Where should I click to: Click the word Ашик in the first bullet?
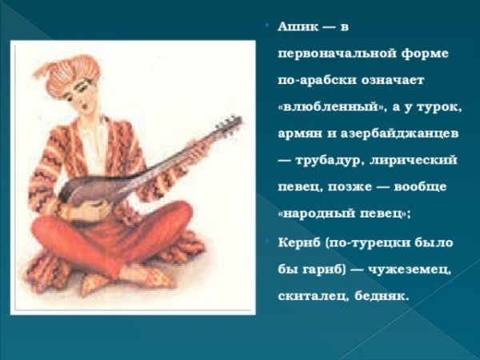pos(294,29)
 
